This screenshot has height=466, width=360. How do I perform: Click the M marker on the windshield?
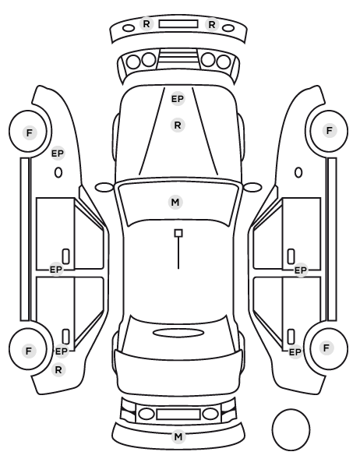[x=175, y=203]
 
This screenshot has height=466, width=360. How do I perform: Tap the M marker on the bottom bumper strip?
[x=178, y=437]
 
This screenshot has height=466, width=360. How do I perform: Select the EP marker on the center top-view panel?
[x=178, y=99]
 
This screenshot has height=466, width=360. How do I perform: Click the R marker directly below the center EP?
[x=178, y=125]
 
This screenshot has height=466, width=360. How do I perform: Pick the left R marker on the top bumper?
[x=146, y=24]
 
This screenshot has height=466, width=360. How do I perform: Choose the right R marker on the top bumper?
[x=212, y=25]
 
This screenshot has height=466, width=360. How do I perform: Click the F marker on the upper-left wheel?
[x=30, y=132]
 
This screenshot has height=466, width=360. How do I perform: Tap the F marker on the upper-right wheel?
[x=329, y=130]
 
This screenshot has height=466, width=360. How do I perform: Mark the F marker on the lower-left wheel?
[x=29, y=351]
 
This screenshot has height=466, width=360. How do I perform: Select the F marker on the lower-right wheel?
[x=326, y=348]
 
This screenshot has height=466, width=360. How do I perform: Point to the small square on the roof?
[x=178, y=233]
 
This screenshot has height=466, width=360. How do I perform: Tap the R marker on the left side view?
[x=58, y=370]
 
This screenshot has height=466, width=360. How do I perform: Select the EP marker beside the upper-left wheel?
[x=58, y=154]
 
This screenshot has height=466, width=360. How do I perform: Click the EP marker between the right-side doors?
[x=300, y=270]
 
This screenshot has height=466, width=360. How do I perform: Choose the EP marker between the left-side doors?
[x=56, y=270]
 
